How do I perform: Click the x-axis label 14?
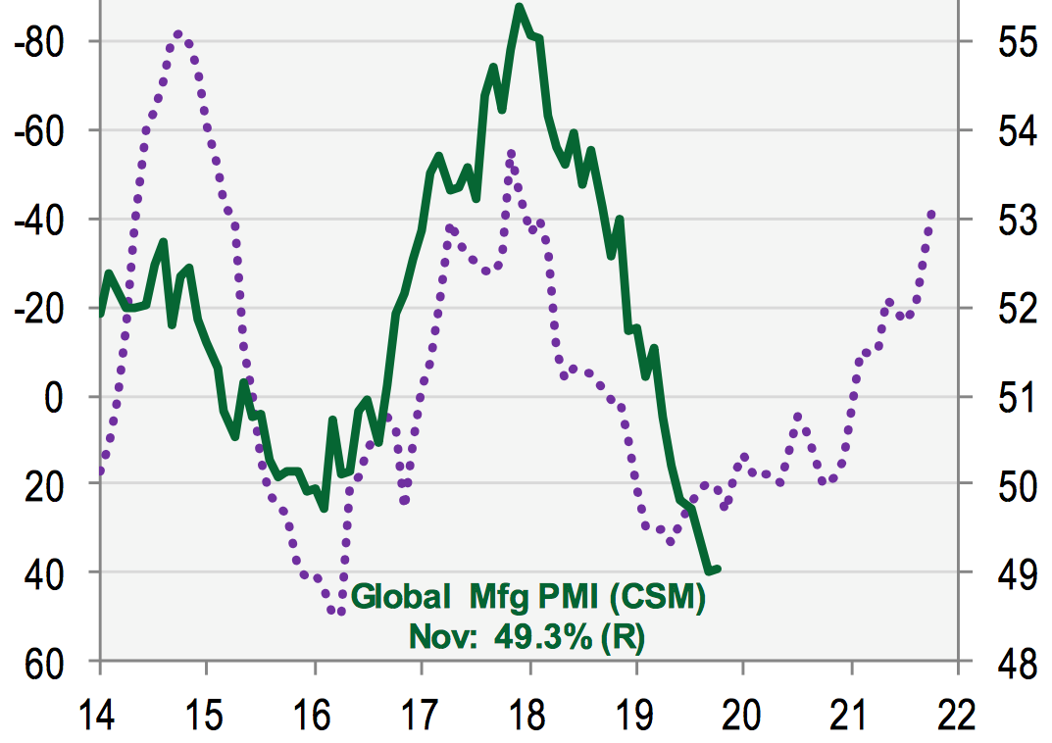click(x=100, y=713)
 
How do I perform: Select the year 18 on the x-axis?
click(x=529, y=713)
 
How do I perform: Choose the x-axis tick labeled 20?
click(x=743, y=713)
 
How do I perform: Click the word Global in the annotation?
click(x=398, y=597)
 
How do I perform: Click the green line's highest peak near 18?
click(x=520, y=8)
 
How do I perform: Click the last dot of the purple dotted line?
click(x=930, y=214)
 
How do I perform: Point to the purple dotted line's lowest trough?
click(x=339, y=611)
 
